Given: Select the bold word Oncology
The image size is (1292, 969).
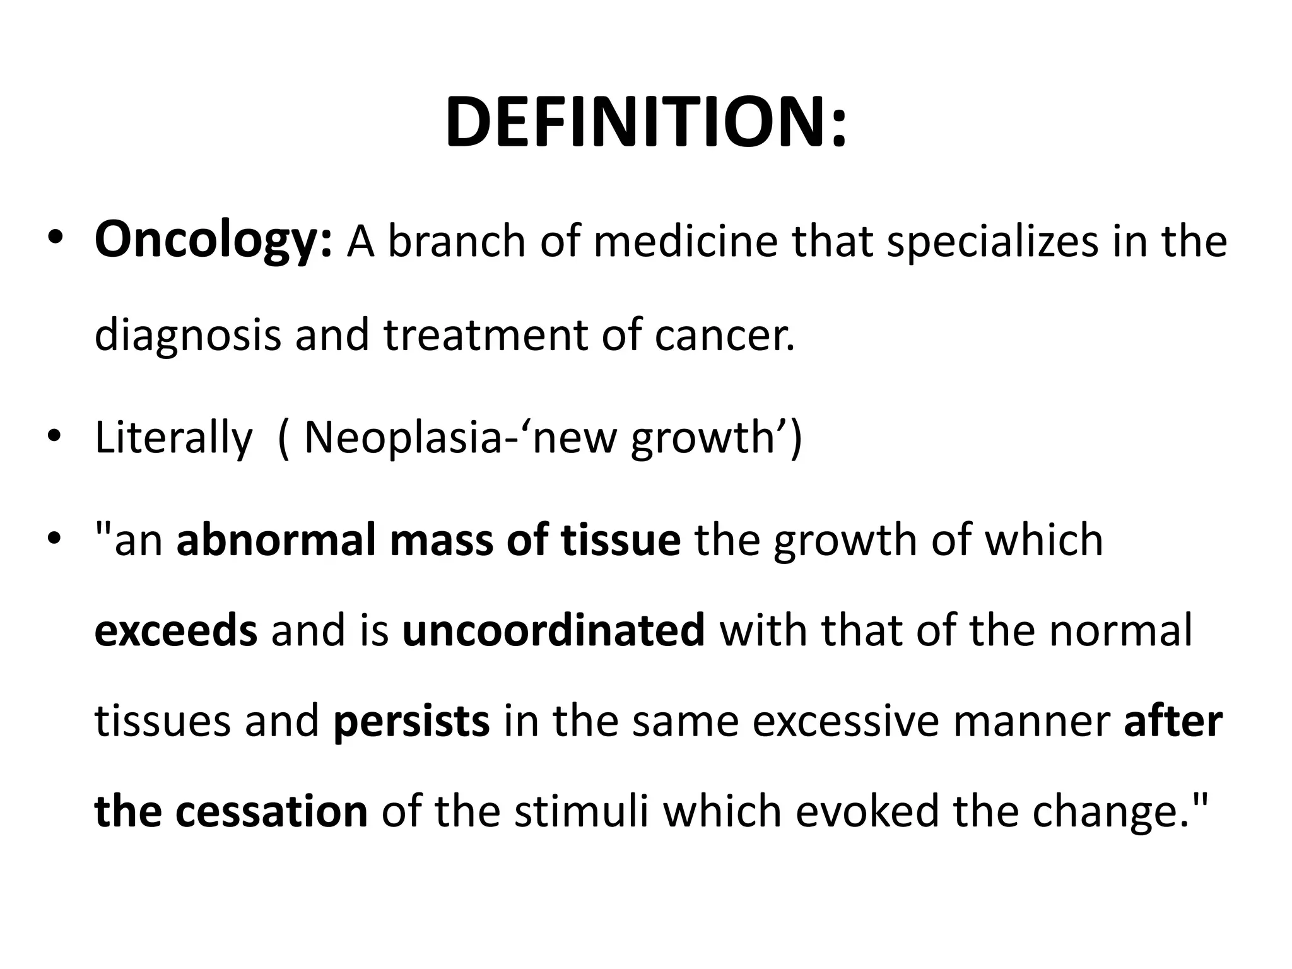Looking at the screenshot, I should click(213, 242).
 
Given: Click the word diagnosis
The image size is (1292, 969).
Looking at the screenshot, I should click(187, 335).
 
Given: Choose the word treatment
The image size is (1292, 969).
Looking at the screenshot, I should click(485, 335).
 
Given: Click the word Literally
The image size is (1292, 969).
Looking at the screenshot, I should click(173, 437).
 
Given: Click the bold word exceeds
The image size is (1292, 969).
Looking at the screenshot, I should click(176, 631).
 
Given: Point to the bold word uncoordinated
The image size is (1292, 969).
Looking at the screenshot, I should click(553, 631).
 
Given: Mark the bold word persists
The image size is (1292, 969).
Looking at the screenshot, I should click(411, 721).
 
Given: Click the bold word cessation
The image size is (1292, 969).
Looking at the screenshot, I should click(271, 811).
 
